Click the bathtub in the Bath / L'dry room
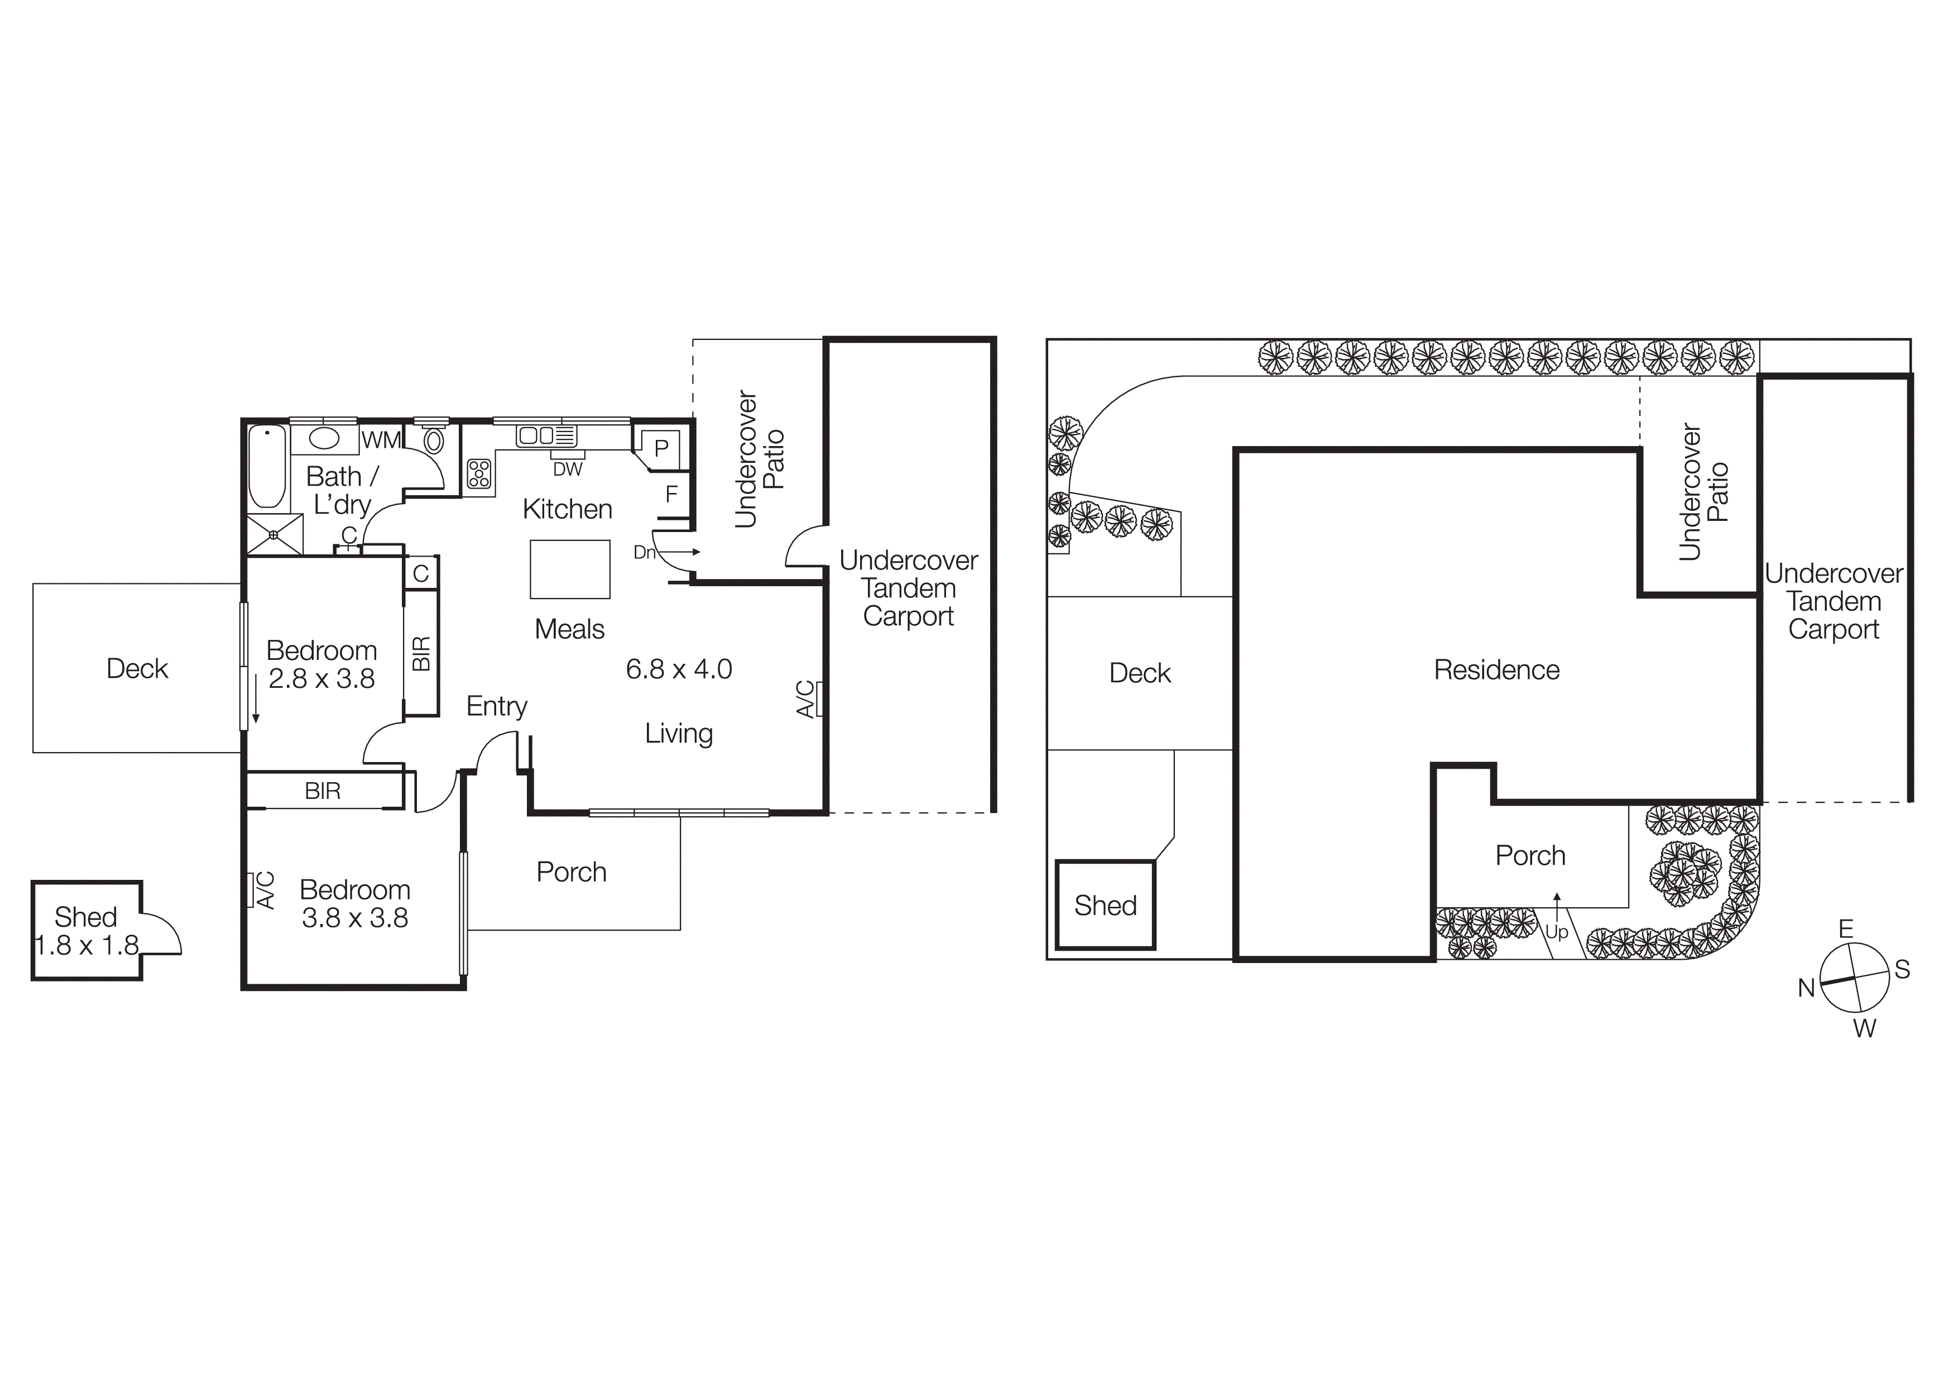click(x=267, y=467)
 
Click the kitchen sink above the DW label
click(x=546, y=436)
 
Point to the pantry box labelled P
click(x=661, y=448)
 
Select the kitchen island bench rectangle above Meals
click(x=570, y=569)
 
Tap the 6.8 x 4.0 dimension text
click(x=679, y=669)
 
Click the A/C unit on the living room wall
click(x=819, y=698)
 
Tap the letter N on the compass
click(x=1806, y=988)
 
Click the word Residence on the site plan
click(x=1496, y=671)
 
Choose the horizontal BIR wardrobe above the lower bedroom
click(x=323, y=791)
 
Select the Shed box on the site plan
click(x=1105, y=905)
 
